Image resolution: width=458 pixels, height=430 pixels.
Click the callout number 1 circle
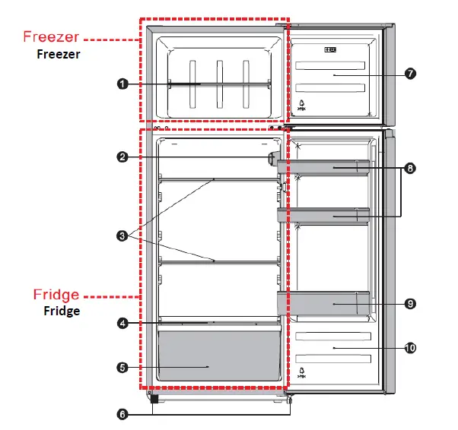click(x=122, y=84)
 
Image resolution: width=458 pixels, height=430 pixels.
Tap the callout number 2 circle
click(x=122, y=157)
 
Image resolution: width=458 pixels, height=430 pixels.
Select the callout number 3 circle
click(x=122, y=236)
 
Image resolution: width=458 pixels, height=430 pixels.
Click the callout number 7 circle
click(x=410, y=74)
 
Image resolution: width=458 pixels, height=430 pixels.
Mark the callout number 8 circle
click(x=411, y=169)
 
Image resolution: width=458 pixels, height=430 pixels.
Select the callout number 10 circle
click(x=410, y=348)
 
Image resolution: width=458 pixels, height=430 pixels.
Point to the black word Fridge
click(x=62, y=311)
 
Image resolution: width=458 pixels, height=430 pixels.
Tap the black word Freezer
click(x=59, y=54)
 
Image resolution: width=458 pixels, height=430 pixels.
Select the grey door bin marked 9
click(x=323, y=303)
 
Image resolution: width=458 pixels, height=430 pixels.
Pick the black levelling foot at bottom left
click(x=154, y=398)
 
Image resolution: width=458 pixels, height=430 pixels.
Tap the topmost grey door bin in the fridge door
click(x=323, y=167)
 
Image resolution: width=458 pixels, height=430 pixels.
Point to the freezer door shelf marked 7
click(x=334, y=77)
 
